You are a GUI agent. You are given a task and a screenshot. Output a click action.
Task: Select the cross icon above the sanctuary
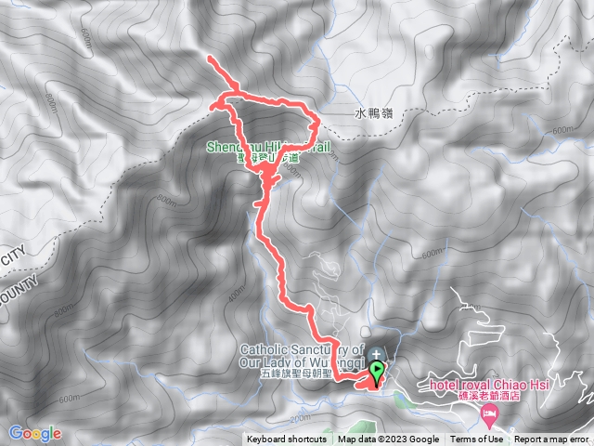(377, 353)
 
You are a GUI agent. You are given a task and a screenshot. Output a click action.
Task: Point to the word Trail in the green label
(312, 146)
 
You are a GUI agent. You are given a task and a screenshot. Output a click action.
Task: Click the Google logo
(34, 433)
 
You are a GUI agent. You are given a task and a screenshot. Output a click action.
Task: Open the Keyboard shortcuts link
(286, 439)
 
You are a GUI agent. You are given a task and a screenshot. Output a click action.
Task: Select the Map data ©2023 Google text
(388, 439)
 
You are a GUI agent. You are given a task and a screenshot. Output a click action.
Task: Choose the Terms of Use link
(477, 439)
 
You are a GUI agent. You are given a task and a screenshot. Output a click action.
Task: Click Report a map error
(552, 439)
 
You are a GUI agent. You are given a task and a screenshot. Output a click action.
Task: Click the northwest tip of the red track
(209, 60)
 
